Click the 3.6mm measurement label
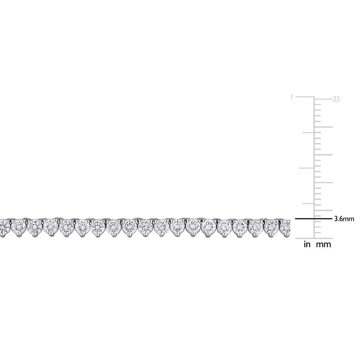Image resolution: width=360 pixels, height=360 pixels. pos(344,219)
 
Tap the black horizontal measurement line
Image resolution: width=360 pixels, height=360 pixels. pos(314,219)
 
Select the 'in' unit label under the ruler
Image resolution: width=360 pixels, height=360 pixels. pos(307,244)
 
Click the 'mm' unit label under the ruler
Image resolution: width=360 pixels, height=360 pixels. pos(324,245)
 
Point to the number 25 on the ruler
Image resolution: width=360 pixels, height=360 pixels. pos(336,99)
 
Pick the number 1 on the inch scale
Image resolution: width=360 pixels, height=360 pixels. pos(292,97)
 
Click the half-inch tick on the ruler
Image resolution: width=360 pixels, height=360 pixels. pos(306,168)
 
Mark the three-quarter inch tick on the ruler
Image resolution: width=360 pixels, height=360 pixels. pos(308,132)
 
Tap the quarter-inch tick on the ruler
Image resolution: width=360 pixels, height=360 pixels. pos(308,204)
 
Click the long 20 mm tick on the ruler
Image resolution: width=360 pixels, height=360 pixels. pos(323,127)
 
